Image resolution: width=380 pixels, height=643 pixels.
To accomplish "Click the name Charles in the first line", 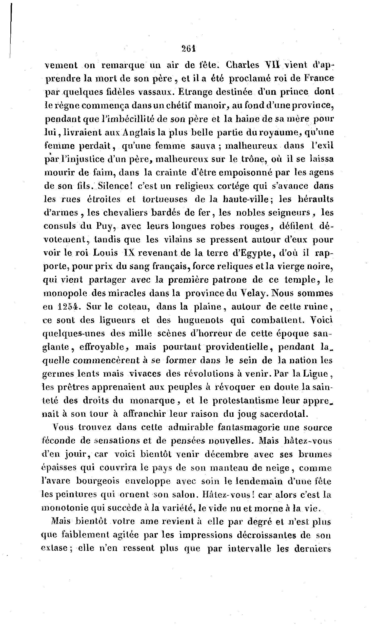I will (x=243, y=65).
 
